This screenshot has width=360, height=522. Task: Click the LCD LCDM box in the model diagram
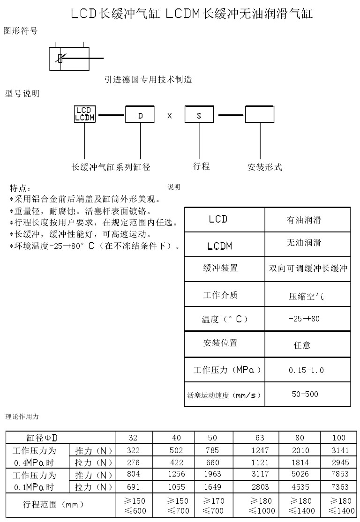tap(85, 114)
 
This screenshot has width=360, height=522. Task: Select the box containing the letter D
tap(140, 115)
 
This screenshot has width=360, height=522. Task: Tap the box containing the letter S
tap(199, 115)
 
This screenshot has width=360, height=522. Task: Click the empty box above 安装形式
tap(260, 115)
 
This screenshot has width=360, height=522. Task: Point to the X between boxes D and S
tap(169, 115)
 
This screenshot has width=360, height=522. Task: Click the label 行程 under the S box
tap(202, 166)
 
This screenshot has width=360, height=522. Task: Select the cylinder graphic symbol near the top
tap(69, 59)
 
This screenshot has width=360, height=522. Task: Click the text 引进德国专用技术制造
tap(148, 80)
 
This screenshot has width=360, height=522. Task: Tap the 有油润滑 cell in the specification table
tap(304, 220)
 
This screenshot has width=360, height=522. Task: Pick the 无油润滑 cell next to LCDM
tap(304, 243)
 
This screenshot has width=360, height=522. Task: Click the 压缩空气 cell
tap(306, 296)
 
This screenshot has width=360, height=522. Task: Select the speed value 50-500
tap(305, 394)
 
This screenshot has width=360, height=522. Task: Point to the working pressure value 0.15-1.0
tap(306, 370)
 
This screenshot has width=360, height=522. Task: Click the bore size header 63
tap(260, 438)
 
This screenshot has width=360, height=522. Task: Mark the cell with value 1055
tap(176, 487)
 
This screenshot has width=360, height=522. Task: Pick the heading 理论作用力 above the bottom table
tap(22, 416)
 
